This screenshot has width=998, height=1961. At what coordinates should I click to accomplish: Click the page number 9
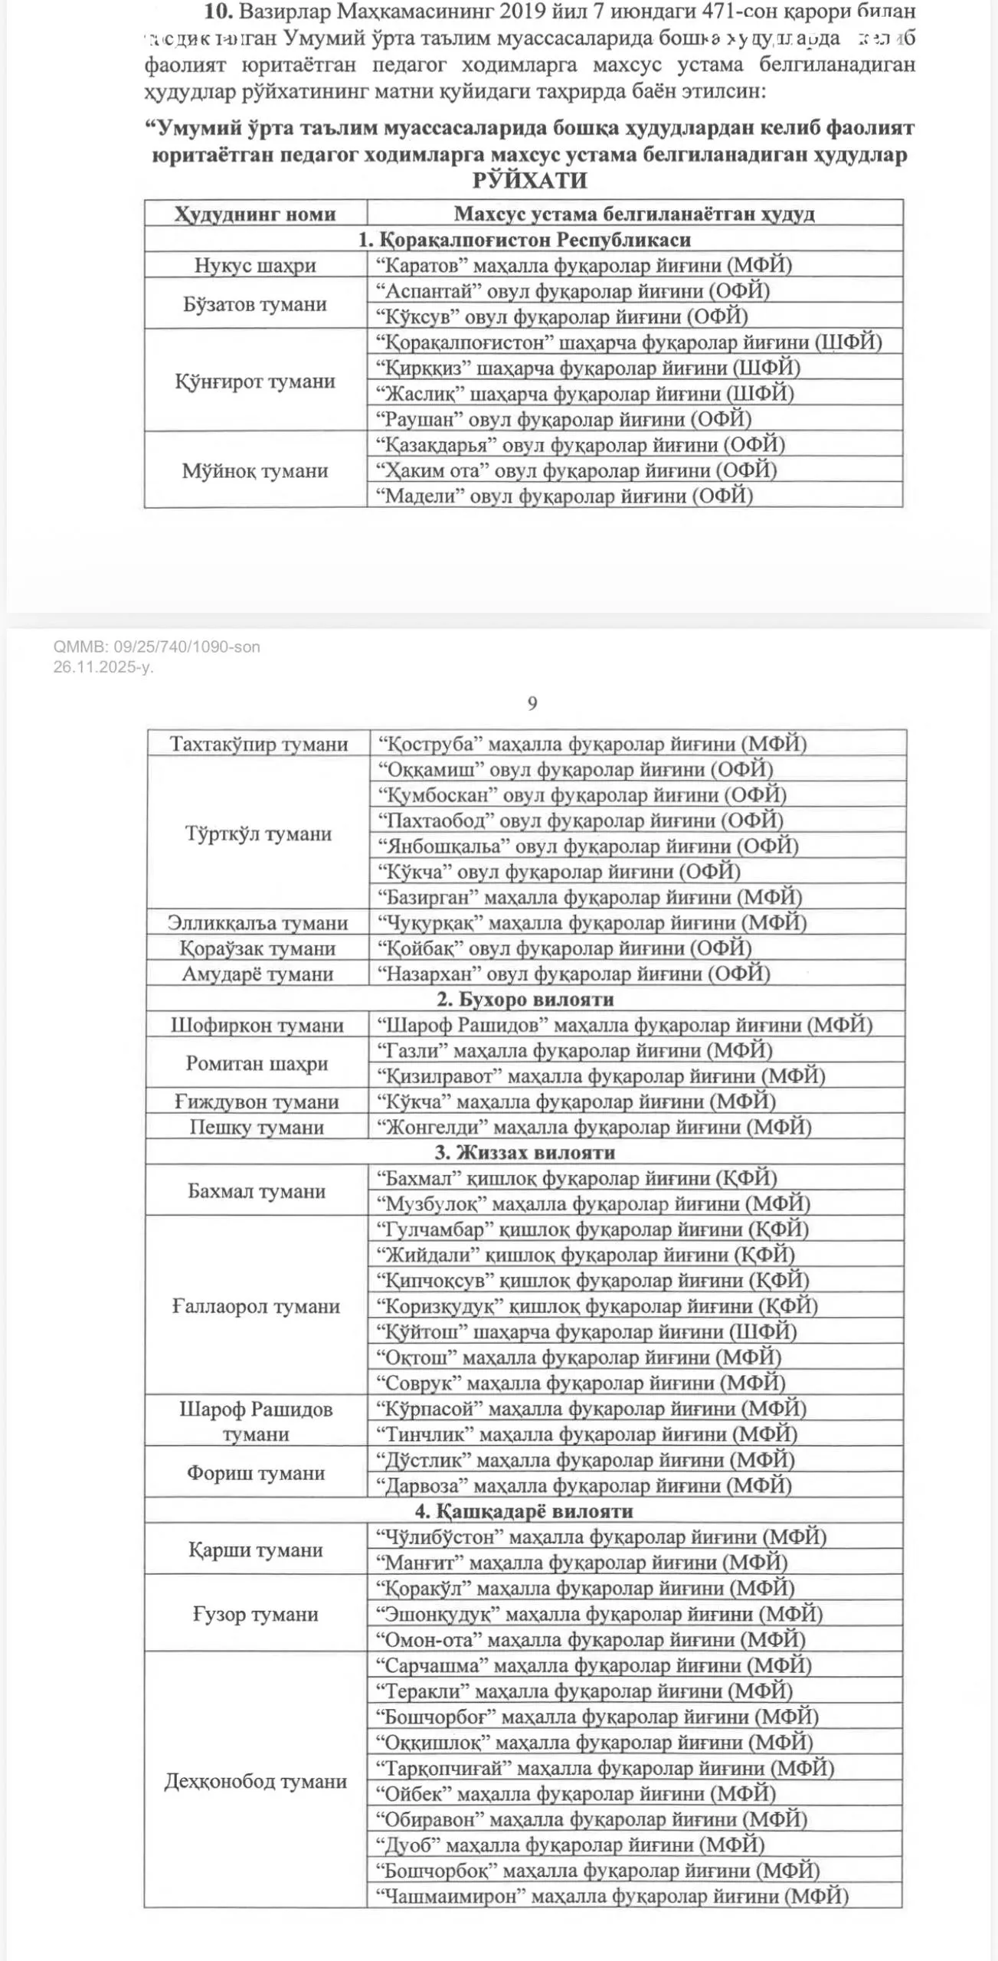532,703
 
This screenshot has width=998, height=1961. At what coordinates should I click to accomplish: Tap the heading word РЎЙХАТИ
529,181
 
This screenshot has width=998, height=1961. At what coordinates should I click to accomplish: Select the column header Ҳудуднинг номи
255,214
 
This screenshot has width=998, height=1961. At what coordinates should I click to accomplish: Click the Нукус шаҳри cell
255,265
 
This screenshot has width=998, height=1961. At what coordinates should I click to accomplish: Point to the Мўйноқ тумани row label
255,470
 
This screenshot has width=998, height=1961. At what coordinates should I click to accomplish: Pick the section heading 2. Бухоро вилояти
525,1000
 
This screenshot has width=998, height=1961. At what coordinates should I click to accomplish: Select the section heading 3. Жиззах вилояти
525,1153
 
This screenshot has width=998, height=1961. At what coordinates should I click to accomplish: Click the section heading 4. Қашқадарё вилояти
525,1511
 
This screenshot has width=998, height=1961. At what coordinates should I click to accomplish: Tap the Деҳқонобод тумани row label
255,1781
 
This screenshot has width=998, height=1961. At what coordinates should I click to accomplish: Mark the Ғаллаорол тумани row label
256,1306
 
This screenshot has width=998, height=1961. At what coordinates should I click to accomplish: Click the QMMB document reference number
156,647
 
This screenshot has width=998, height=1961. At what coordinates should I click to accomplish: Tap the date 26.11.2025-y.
103,666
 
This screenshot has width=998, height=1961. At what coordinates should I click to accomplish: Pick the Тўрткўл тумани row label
258,833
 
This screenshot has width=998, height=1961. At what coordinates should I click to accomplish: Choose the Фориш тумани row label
256,1473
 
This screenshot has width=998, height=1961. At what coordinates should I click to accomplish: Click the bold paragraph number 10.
218,11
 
